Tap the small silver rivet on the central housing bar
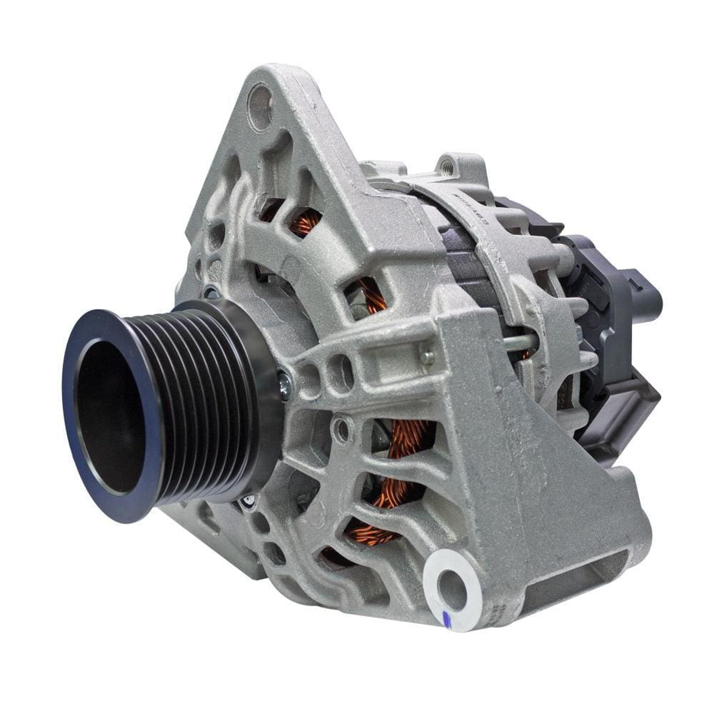[x=427, y=357]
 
